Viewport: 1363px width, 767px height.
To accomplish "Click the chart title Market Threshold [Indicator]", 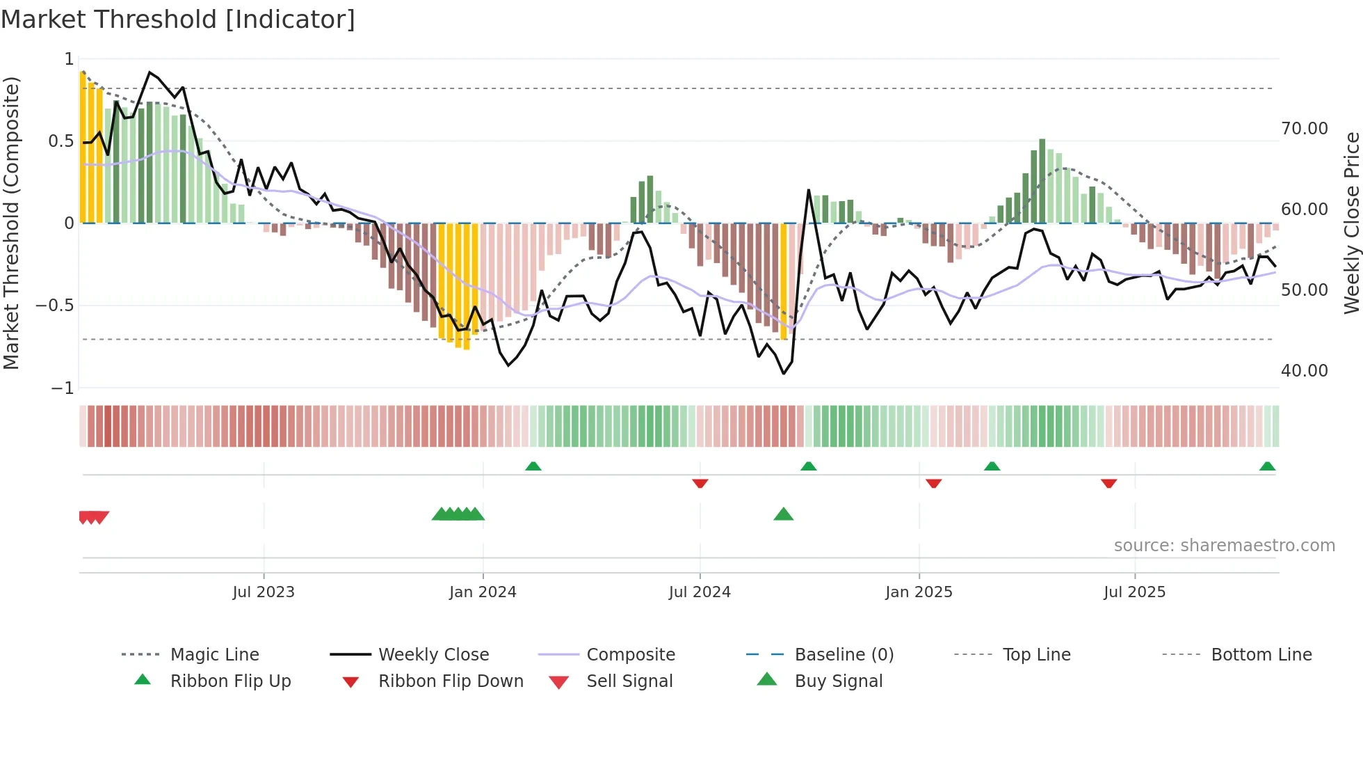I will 178,19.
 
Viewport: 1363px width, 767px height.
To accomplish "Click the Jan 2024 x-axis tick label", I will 483,592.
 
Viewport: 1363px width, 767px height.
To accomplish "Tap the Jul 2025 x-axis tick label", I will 1134,592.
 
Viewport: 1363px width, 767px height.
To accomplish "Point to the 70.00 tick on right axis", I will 1304,129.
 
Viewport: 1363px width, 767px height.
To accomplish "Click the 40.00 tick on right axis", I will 1304,371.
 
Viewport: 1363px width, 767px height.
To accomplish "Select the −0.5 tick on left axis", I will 55,306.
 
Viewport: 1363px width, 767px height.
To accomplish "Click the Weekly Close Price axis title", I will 1350,223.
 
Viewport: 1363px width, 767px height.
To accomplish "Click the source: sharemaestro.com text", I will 1224,546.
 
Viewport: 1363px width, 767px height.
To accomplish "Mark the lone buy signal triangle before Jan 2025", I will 783,514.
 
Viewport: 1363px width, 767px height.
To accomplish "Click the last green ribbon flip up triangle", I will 1267,466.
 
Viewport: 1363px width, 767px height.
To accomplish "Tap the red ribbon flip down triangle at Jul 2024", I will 700,483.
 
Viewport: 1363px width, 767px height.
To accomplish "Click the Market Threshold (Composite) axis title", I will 11,223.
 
